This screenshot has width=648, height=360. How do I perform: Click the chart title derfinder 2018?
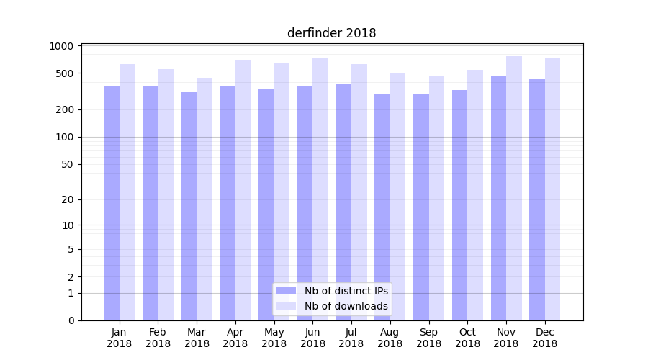[x=331, y=33]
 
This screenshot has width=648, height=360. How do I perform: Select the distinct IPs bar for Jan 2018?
[x=112, y=203]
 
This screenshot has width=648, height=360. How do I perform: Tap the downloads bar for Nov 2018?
[x=514, y=188]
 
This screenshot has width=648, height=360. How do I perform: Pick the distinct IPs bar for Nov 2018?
[x=498, y=198]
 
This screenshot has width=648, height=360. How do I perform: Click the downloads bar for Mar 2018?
[x=204, y=199]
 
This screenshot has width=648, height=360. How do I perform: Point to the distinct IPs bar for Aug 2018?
[x=382, y=207]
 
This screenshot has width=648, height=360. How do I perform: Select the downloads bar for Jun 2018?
[x=320, y=189]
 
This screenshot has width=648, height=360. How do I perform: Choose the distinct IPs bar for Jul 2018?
[x=343, y=202]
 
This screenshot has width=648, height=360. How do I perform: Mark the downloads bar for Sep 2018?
[x=436, y=198]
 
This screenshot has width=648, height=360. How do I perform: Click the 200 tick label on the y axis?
[x=66, y=109]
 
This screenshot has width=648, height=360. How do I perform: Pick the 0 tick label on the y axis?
[x=71, y=320]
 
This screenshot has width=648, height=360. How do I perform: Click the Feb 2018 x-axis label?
[x=158, y=338]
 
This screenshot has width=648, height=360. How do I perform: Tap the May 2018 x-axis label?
[x=274, y=338]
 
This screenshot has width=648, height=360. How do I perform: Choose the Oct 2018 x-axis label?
[x=467, y=338]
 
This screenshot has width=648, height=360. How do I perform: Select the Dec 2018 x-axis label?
[x=545, y=338]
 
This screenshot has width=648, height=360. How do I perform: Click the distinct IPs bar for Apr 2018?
[x=228, y=203]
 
